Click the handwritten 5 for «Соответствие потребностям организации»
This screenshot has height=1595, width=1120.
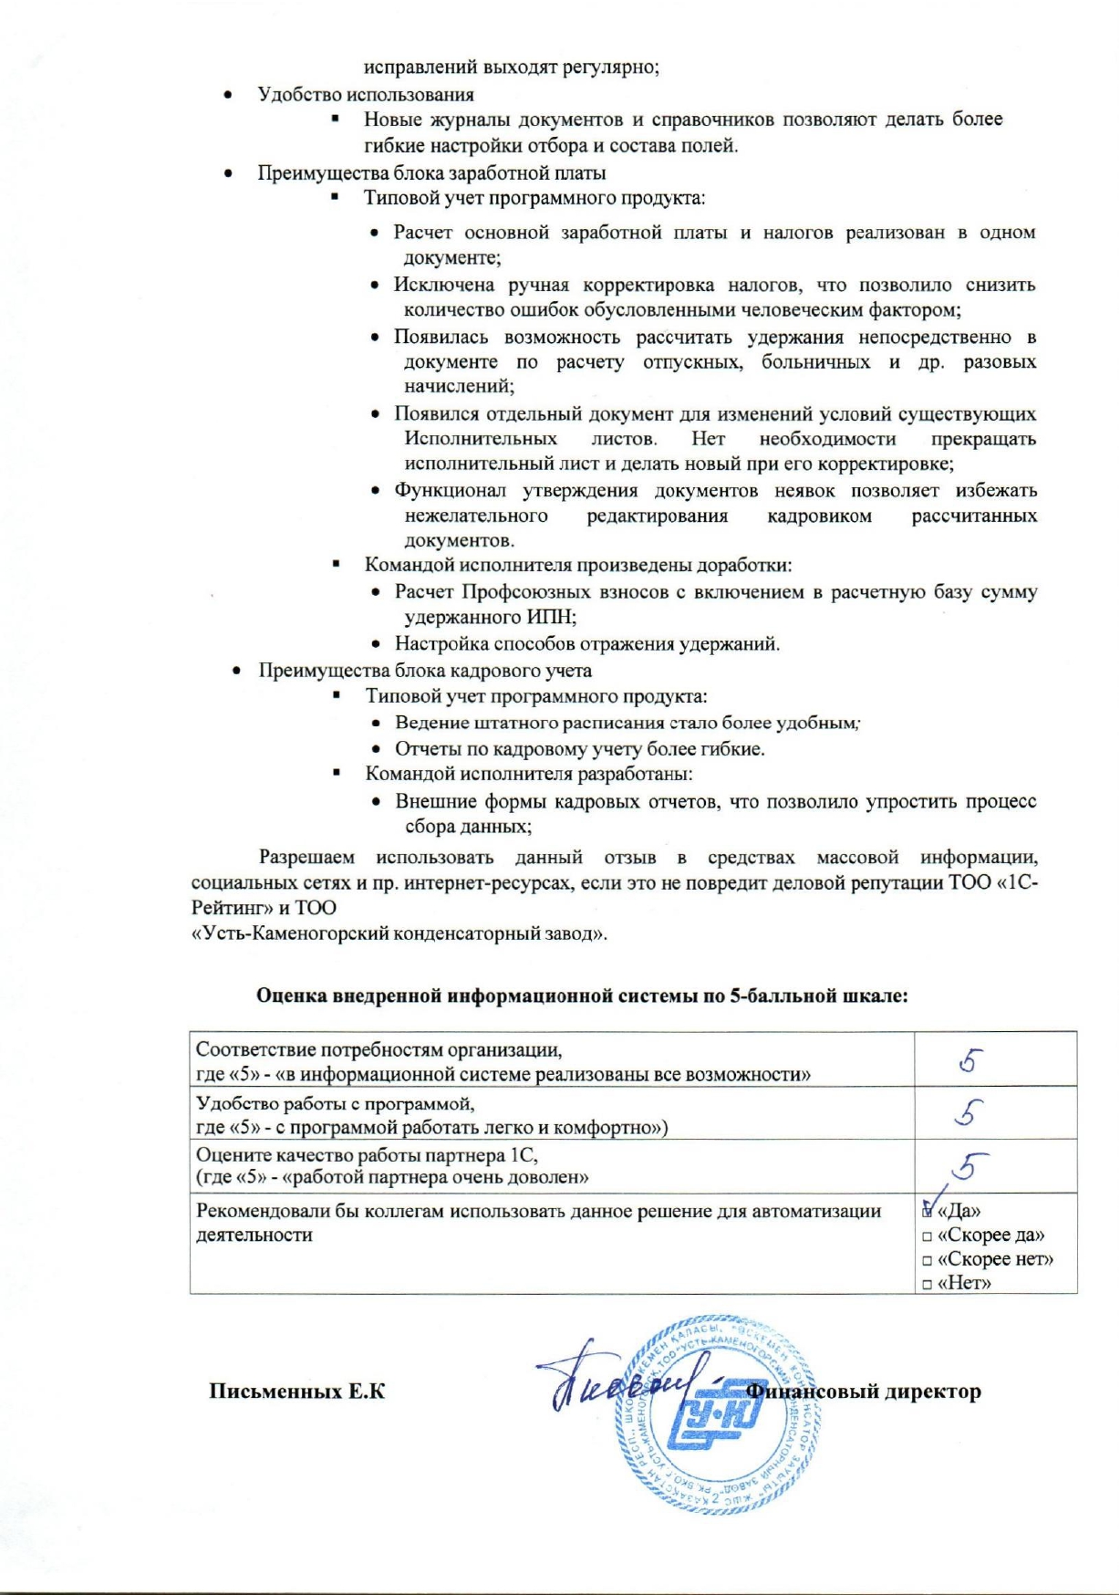pos(970,1059)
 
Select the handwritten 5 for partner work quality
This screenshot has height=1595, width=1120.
pos(970,1165)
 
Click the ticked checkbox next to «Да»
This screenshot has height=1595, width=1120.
pos(928,1212)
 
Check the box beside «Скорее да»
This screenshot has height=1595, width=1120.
pos(927,1236)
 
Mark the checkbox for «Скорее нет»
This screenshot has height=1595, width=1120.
pos(927,1260)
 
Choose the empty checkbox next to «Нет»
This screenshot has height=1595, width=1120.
pos(927,1284)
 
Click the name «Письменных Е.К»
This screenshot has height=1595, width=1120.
pos(297,1392)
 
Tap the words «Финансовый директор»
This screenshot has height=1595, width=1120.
pos(864,1392)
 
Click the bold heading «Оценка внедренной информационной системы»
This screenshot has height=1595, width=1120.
pos(582,996)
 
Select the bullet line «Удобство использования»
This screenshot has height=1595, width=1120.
pos(365,94)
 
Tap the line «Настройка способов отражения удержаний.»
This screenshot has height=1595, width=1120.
pos(586,644)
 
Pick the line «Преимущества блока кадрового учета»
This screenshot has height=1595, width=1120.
pos(424,671)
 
